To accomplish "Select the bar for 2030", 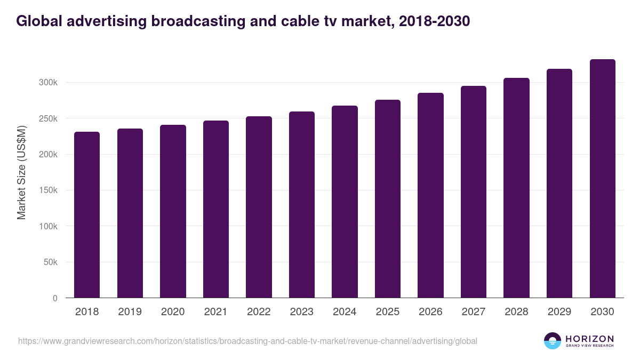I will (x=603, y=178).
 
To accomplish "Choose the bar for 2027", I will (x=474, y=192).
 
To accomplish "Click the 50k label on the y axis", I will (x=50, y=262).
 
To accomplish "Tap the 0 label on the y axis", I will (x=55, y=298).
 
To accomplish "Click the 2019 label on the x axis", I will (x=130, y=312).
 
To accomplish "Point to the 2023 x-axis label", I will (x=302, y=312).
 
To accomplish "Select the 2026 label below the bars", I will (x=430, y=312).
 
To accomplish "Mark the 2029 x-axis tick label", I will (x=559, y=312).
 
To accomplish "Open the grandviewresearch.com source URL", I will (x=247, y=341).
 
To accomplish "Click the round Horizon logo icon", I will (x=553, y=341).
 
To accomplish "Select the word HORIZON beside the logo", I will (x=589, y=338).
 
